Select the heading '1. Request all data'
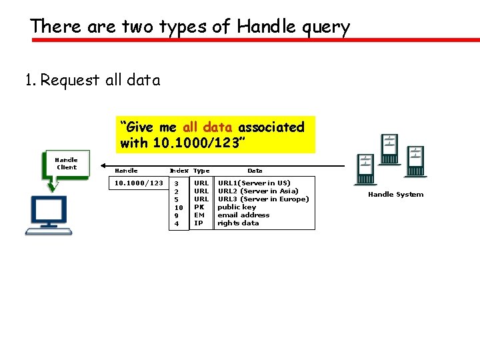click(x=92, y=81)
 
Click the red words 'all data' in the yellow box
click(x=208, y=127)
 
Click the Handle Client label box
click(x=66, y=163)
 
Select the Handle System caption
click(x=395, y=195)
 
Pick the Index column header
click(x=179, y=171)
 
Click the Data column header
click(x=255, y=171)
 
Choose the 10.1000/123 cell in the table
click(x=139, y=183)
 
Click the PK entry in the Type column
click(x=199, y=207)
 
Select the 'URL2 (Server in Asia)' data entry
click(x=258, y=191)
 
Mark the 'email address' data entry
click(x=243, y=215)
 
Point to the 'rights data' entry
click(x=238, y=223)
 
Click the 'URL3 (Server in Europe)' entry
click(x=263, y=199)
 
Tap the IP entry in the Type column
click(x=198, y=223)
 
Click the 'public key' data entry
click(x=237, y=207)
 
